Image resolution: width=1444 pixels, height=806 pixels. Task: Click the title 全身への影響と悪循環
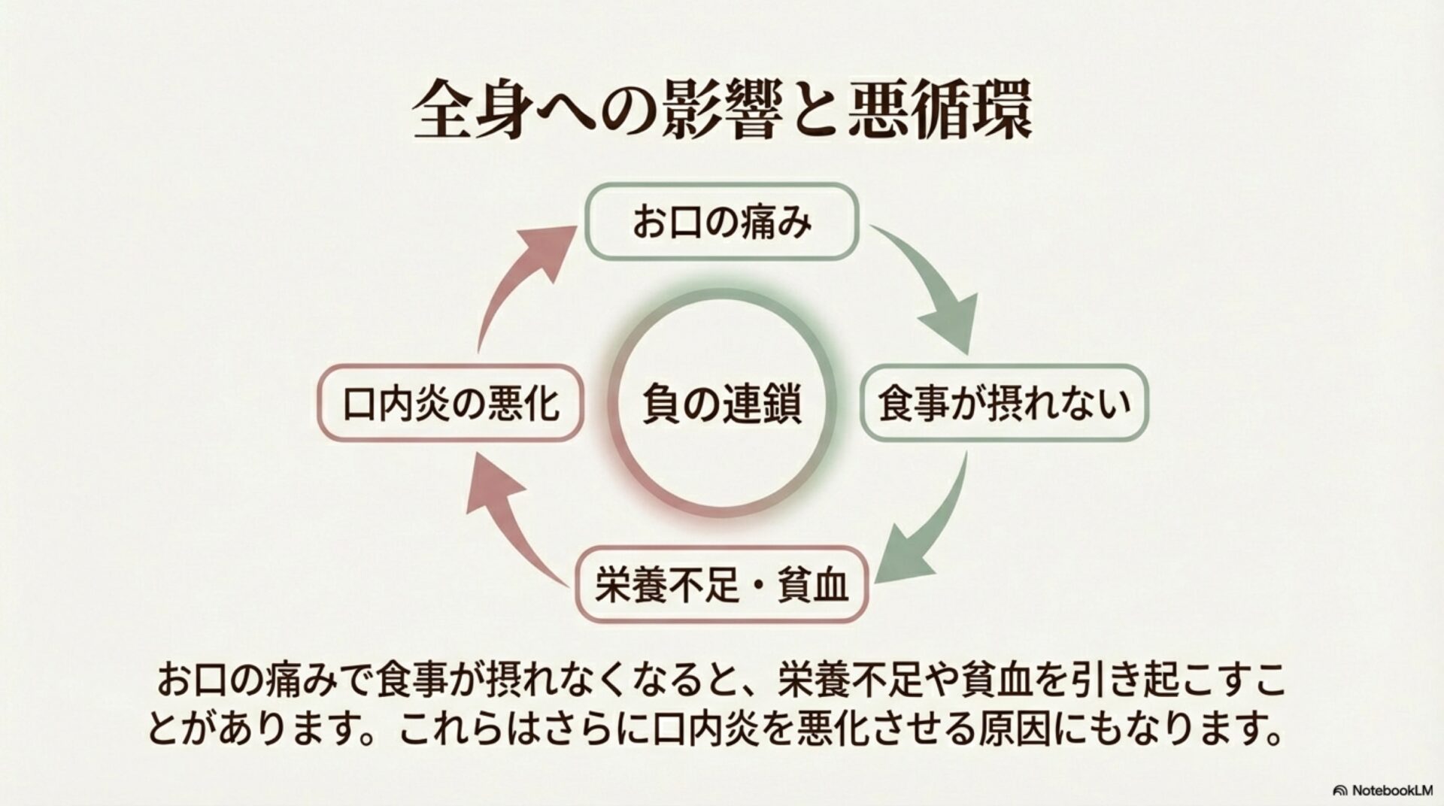(x=722, y=111)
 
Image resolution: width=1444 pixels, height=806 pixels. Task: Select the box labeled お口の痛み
(x=722, y=223)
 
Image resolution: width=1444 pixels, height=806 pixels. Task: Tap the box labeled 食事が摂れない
(x=1005, y=402)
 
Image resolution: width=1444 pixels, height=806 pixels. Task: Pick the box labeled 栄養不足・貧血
(x=722, y=585)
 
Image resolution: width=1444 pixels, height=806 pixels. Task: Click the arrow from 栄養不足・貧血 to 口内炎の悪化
(x=511, y=526)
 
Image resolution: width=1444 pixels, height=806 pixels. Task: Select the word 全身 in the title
(x=466, y=111)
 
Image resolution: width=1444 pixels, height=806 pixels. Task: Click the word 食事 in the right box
(x=910, y=402)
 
